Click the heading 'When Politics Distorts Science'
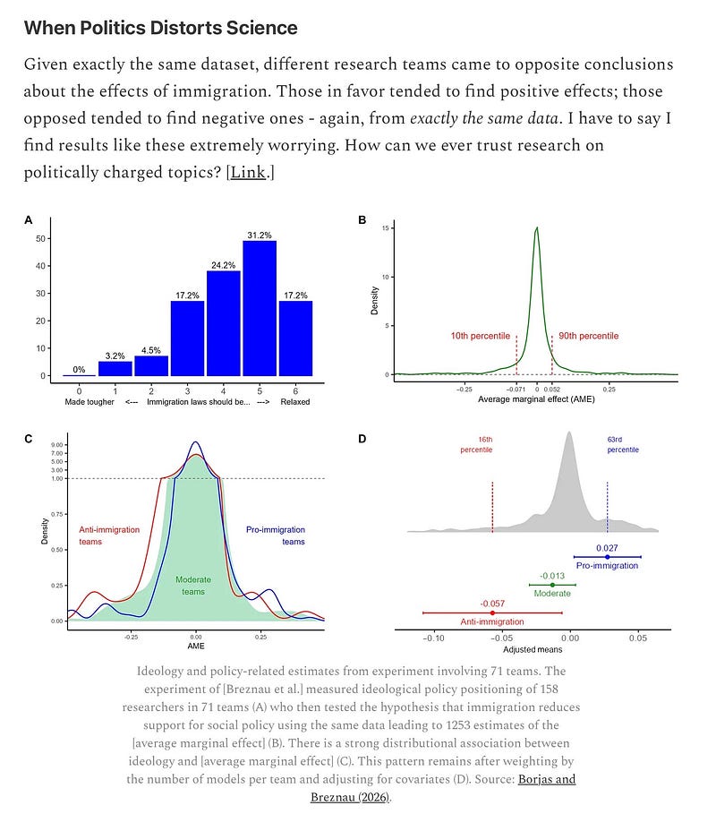click(160, 28)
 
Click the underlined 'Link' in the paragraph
click(248, 172)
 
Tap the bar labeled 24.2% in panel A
click(224, 322)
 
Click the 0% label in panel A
click(79, 369)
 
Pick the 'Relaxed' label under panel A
click(294, 402)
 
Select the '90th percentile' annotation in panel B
click(588, 336)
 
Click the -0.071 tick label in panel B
click(516, 390)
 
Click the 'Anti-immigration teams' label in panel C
click(110, 535)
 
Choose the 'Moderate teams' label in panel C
click(193, 586)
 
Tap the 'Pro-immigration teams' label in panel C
click(276, 535)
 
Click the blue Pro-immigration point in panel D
click(607, 557)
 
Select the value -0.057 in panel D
click(492, 603)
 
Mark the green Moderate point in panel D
click(552, 585)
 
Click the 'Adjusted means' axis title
click(533, 649)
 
